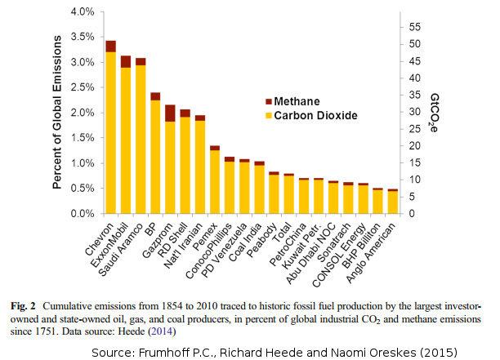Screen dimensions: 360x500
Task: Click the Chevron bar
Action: (111, 131)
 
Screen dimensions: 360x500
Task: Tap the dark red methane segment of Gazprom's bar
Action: (170, 113)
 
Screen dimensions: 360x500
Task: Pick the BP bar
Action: (155, 155)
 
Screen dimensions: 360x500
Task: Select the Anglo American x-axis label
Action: (373, 247)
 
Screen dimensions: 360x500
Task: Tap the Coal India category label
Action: (245, 237)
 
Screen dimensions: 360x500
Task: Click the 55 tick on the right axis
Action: (415, 27)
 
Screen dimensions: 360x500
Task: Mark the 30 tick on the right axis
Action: (415, 112)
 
